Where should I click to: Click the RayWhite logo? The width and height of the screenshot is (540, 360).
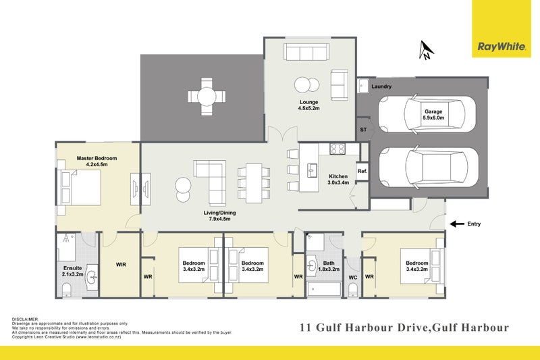tap(501, 47)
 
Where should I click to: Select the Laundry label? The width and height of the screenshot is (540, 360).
tap(381, 86)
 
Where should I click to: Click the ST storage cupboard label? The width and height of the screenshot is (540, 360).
tap(362, 129)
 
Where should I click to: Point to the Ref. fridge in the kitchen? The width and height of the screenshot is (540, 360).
tap(362, 172)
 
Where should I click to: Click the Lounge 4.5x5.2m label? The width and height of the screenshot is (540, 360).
tap(308, 105)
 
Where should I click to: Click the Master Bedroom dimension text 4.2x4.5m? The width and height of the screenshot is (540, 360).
tap(97, 164)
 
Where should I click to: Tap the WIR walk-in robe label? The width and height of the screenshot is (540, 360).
tap(121, 264)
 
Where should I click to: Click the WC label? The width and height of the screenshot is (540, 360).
tap(352, 277)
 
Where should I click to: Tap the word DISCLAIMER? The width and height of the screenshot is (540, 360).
tap(26, 319)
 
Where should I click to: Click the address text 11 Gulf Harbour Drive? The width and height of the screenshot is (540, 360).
tap(361, 328)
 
